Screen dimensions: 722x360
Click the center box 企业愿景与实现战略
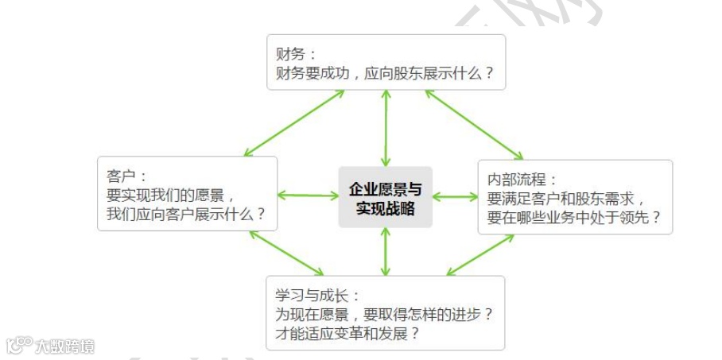(386, 197)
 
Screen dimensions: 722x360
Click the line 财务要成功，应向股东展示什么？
(385, 74)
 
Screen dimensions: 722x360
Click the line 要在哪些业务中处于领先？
(573, 218)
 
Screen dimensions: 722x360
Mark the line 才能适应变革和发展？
(347, 333)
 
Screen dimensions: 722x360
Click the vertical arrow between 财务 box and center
(386, 128)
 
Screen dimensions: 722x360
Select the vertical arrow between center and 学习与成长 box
(386, 251)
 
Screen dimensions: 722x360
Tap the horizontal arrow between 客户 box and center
(309, 195)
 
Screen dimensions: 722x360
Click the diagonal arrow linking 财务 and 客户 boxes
(295, 122)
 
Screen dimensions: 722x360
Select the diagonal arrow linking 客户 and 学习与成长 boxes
(287, 254)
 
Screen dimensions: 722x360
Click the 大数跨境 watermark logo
(50, 346)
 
